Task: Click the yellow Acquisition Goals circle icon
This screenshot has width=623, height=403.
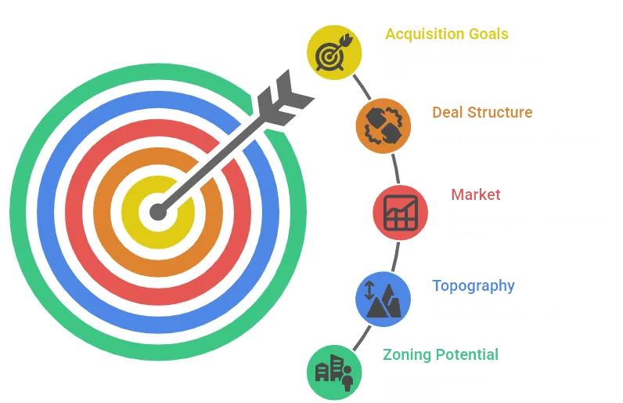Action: pyautogui.click(x=334, y=52)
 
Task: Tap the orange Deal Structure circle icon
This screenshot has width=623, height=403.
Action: pyautogui.click(x=383, y=125)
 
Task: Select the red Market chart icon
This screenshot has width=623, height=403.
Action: pyautogui.click(x=400, y=212)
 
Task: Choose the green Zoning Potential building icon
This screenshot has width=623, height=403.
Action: pyautogui.click(x=334, y=371)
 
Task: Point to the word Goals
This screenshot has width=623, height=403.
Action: pyautogui.click(x=488, y=34)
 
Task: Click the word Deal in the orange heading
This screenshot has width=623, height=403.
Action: pyautogui.click(x=448, y=112)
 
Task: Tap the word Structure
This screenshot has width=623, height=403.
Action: pyautogui.click(x=499, y=112)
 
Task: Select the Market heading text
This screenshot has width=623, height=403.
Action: pyautogui.click(x=475, y=194)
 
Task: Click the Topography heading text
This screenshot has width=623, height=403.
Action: pyautogui.click(x=474, y=285)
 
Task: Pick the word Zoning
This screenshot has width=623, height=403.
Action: pyautogui.click(x=406, y=354)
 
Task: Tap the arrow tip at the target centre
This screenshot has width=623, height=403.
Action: pyautogui.click(x=159, y=212)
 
